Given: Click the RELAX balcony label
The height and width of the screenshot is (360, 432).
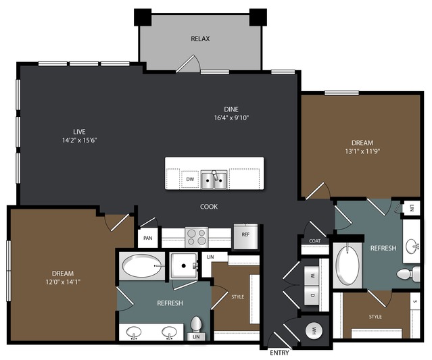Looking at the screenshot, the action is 200,38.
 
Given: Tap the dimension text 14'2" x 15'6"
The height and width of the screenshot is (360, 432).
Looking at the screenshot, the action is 79,140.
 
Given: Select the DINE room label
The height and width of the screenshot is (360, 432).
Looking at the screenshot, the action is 231,109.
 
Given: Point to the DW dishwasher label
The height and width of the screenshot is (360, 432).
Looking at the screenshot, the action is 190,179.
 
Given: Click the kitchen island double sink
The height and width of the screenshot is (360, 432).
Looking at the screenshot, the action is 214,180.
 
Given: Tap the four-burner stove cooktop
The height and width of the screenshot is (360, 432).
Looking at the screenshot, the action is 197,237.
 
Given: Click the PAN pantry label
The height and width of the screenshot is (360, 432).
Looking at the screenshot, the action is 147,238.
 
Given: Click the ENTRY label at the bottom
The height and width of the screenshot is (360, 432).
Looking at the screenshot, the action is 279,353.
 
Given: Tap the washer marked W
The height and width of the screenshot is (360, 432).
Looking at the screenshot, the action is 312,276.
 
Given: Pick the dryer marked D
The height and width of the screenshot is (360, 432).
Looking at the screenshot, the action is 312,295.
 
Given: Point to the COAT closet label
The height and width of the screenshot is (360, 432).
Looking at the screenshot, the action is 314,241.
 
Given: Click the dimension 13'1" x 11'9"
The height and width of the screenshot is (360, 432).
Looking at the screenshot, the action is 362,151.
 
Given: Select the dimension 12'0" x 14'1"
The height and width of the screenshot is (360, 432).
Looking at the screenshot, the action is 63,282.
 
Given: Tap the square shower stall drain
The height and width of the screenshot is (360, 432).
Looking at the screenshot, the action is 183,265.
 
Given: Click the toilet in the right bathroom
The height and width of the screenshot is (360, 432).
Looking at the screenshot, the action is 408,274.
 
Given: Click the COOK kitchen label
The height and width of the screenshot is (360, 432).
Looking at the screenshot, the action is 209,207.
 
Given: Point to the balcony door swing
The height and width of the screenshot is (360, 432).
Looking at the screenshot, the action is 188,63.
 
